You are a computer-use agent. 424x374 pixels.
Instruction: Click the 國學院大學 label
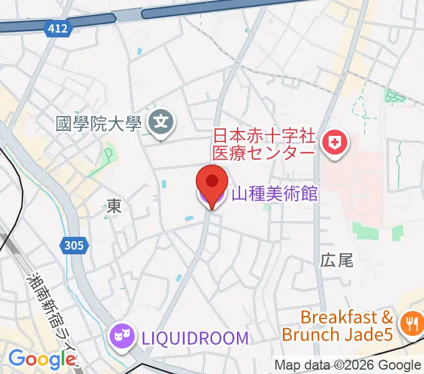point(99,123)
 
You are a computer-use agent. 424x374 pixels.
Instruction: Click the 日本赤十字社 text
point(265,135)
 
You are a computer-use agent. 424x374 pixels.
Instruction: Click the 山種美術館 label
point(274,194)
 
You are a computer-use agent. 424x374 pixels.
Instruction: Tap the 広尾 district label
point(337,261)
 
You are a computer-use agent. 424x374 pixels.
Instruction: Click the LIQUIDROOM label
point(194,338)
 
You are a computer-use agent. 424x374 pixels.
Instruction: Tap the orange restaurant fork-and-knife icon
point(412,324)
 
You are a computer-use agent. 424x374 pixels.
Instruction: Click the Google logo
point(41,360)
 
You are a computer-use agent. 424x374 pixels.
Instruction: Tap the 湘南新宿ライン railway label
point(53,315)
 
